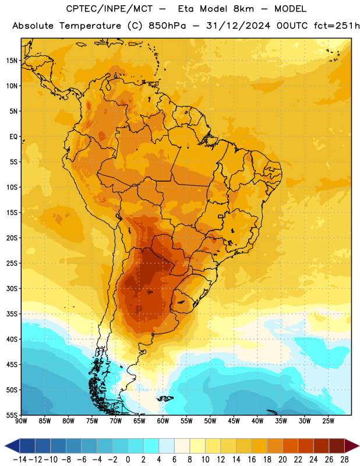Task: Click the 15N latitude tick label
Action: click(x=12, y=61)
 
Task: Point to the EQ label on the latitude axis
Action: click(x=13, y=137)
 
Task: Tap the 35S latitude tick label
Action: click(x=12, y=314)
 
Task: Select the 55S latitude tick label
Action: click(x=12, y=415)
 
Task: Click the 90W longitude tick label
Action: click(x=21, y=421)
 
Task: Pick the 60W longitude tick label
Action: click(x=163, y=421)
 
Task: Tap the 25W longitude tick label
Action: click(x=328, y=421)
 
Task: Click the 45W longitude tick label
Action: click(x=234, y=421)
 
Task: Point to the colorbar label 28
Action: click(x=344, y=460)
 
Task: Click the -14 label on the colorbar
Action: click(x=20, y=460)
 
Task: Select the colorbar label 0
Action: click(x=128, y=460)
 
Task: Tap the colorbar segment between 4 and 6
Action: click(x=167, y=446)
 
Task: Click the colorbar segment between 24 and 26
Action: click(x=322, y=446)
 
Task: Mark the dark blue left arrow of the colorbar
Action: click(x=12, y=446)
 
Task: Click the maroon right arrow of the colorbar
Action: click(x=352, y=446)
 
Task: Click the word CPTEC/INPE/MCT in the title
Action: click(x=110, y=9)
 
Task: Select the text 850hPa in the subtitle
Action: click(x=167, y=26)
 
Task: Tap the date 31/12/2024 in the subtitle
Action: click(x=238, y=26)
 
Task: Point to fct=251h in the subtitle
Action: click(x=337, y=26)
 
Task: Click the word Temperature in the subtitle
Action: click(x=90, y=26)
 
